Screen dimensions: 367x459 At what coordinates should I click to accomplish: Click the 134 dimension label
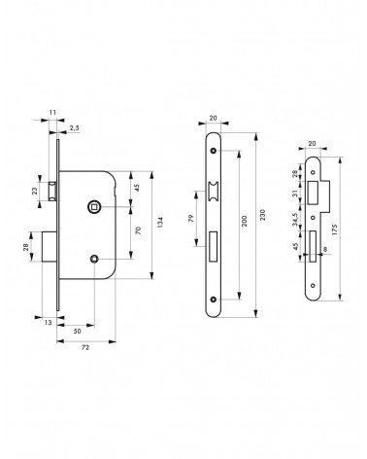click(160, 222)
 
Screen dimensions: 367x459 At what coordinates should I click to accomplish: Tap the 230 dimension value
click(263, 215)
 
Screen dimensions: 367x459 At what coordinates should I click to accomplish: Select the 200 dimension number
click(245, 221)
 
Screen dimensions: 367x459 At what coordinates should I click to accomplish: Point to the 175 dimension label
click(335, 229)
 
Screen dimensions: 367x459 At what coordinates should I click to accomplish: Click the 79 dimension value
click(190, 218)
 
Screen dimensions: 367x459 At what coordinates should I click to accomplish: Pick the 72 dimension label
click(85, 347)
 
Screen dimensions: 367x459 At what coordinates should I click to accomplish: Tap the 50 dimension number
click(78, 332)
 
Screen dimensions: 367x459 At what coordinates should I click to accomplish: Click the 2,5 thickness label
click(74, 128)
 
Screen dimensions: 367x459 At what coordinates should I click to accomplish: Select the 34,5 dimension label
click(295, 220)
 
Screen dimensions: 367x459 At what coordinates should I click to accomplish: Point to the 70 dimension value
click(138, 230)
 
